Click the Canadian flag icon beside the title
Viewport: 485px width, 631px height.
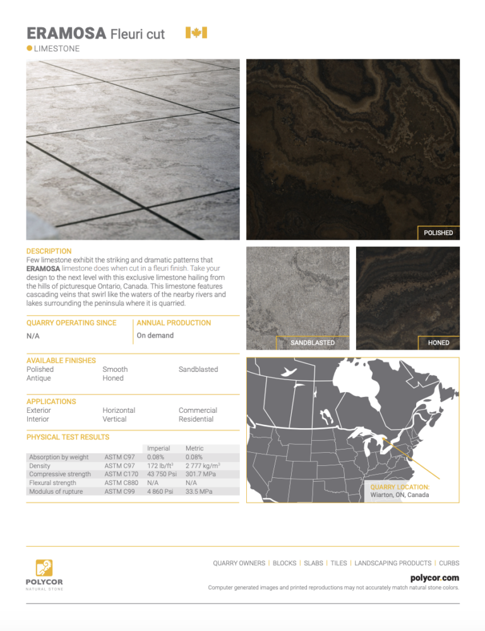pos(196,33)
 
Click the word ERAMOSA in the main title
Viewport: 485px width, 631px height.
pos(66,34)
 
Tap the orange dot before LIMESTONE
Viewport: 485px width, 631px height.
pos(30,49)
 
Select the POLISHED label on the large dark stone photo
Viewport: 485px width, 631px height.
pos(438,233)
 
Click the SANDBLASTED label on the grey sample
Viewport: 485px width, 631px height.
pos(312,343)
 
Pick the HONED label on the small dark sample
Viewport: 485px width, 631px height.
pos(438,343)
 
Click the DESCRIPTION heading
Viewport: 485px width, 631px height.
pos(49,251)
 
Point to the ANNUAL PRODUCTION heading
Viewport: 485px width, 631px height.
pos(174,322)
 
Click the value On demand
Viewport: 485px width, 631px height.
pos(155,335)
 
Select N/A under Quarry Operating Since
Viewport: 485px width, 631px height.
pos(33,336)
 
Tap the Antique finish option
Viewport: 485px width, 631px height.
pos(39,378)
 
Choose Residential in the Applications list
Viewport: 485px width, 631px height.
pos(196,419)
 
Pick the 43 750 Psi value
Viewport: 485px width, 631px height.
pos(161,474)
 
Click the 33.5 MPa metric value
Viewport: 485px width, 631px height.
pos(199,491)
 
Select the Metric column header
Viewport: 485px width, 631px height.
pos(195,447)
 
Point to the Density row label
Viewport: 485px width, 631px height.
pos(40,465)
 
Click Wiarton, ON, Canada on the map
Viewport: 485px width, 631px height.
pos(399,495)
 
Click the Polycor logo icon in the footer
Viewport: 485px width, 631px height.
pos(44,567)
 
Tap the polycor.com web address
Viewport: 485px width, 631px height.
pos(434,577)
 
